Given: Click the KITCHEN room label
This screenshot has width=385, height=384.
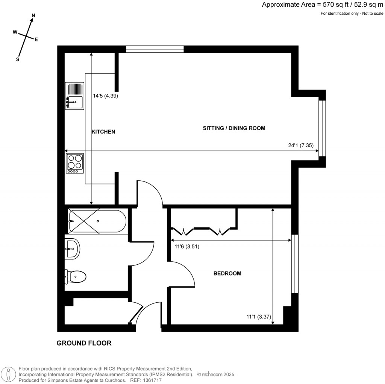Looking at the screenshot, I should [103, 132].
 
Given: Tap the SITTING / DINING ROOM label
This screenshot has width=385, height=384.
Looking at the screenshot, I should [234, 128].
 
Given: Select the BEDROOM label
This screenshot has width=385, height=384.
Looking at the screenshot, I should [227, 273].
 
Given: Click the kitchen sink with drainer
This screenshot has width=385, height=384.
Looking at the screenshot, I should [74, 96].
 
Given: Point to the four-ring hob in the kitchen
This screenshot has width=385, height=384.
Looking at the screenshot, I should [74, 163].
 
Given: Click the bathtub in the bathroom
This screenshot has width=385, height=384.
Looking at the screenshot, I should [97, 221].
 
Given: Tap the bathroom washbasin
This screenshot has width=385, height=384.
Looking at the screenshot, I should [72, 248].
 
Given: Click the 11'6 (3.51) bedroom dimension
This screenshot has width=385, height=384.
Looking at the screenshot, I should [187, 247].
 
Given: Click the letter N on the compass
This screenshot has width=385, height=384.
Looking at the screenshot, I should [33, 15].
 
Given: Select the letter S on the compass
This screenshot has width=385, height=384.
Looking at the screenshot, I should [17, 59].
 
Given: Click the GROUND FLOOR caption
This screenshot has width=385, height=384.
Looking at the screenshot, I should [84, 343].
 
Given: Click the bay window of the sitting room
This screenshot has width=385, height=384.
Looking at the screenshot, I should [322, 128].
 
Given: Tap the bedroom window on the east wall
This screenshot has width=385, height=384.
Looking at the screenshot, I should [295, 264].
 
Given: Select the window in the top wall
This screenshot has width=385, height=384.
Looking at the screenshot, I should [155, 49].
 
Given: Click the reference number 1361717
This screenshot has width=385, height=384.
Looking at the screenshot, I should [151, 380].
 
